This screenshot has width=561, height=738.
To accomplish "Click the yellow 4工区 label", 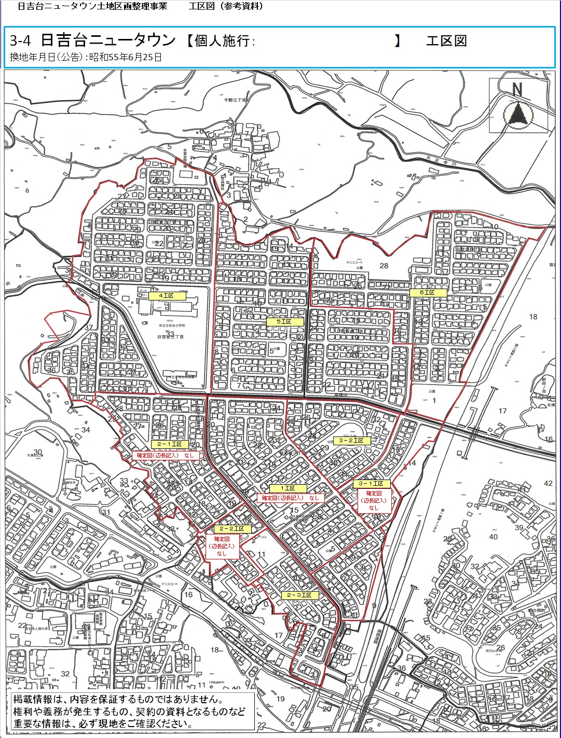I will click(x=166, y=295).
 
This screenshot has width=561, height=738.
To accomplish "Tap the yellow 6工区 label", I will click(x=428, y=293).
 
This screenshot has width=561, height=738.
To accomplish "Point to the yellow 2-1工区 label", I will click(x=170, y=444).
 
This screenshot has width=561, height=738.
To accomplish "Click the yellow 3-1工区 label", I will click(x=371, y=484).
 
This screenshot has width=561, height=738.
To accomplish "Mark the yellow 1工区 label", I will click(x=288, y=488).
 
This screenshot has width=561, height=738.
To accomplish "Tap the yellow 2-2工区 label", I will click(x=232, y=529).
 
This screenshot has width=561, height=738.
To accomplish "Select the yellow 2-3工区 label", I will click(x=299, y=595).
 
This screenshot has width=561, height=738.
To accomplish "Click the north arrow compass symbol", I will click(x=517, y=110).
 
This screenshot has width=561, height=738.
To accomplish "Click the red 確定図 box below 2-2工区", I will click(x=222, y=546).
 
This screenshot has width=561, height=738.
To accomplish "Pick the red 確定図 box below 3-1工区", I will click(x=374, y=501).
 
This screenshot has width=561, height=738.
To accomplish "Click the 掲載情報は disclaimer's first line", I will click(x=118, y=700).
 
